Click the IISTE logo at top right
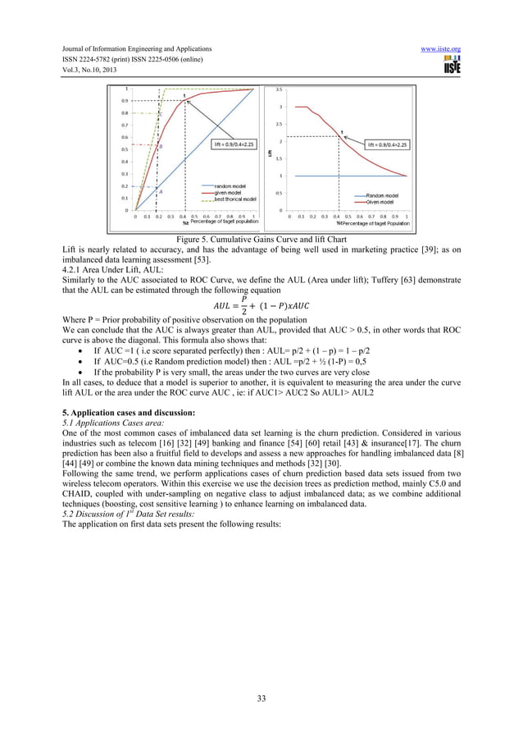(451, 65)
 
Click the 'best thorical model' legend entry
(234, 199)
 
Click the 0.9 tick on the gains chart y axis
(125, 101)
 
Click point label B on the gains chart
(161, 146)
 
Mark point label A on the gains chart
(160, 190)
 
